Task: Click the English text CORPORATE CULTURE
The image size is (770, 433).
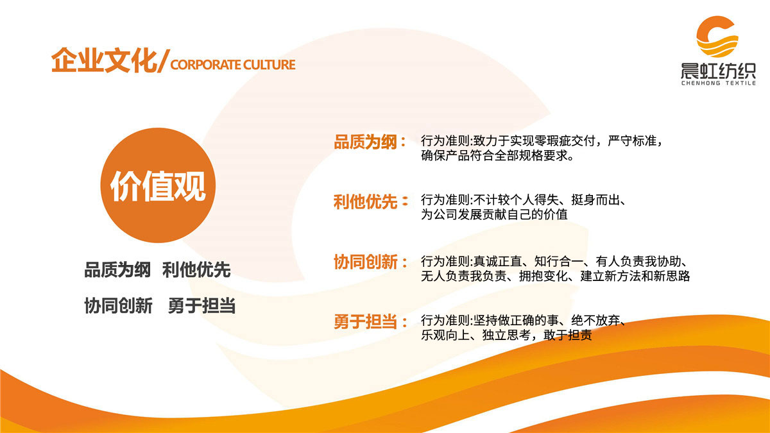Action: click(x=234, y=65)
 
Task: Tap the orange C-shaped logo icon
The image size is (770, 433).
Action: click(x=717, y=38)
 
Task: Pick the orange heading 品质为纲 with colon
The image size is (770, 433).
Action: click(x=371, y=142)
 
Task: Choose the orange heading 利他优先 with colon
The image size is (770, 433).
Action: click(x=371, y=202)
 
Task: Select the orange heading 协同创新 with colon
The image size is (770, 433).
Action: click(x=371, y=262)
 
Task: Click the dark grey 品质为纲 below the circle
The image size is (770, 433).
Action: click(x=117, y=270)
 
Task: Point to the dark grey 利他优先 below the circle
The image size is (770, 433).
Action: click(x=196, y=270)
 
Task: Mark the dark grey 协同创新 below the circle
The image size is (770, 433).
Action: click(x=118, y=306)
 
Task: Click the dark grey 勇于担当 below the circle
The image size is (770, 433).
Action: click(x=201, y=306)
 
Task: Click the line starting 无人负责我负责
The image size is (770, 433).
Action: click(x=555, y=276)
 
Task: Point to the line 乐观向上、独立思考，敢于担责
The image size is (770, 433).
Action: click(x=506, y=335)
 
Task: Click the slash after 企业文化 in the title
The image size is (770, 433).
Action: click(x=164, y=63)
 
